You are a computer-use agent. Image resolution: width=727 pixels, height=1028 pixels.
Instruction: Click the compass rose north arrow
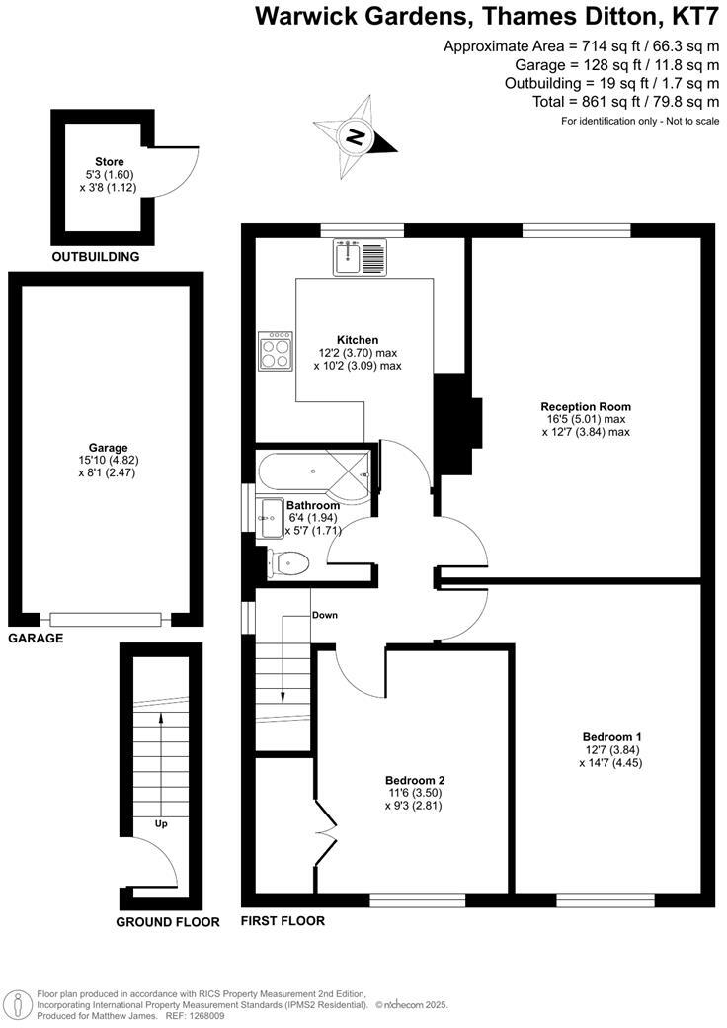[355, 136]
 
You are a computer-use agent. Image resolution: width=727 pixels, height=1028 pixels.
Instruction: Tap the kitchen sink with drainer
[362, 258]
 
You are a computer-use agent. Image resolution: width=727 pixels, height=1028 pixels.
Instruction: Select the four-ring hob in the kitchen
[276, 351]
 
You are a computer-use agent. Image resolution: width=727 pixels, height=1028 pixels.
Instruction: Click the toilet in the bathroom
[289, 563]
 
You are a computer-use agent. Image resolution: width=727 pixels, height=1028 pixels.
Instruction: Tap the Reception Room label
[586, 406]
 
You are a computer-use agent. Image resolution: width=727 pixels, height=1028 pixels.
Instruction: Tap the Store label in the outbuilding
[109, 161]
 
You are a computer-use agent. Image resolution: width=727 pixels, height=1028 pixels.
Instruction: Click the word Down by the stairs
[325, 615]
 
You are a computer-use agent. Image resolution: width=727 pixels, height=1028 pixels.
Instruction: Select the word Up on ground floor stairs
[159, 822]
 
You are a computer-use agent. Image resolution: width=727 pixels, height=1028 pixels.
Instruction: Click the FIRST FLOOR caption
[283, 921]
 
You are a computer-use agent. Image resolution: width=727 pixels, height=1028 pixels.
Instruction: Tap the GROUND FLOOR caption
[168, 922]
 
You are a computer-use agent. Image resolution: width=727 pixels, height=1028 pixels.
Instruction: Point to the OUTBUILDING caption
[96, 257]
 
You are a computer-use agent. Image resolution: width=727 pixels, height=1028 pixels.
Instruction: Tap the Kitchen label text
[358, 340]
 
